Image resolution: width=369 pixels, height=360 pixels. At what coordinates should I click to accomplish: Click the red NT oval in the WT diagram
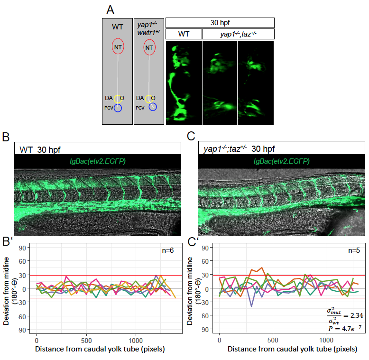118,47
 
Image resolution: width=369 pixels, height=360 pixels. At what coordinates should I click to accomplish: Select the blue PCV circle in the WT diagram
118,108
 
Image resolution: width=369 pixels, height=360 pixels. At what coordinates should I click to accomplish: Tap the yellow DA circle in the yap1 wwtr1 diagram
149,99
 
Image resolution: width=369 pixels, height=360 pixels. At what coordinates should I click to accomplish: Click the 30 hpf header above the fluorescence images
220,23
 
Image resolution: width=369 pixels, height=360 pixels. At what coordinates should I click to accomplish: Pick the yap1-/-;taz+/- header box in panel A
238,34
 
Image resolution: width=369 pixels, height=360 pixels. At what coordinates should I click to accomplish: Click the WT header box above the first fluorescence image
184,34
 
